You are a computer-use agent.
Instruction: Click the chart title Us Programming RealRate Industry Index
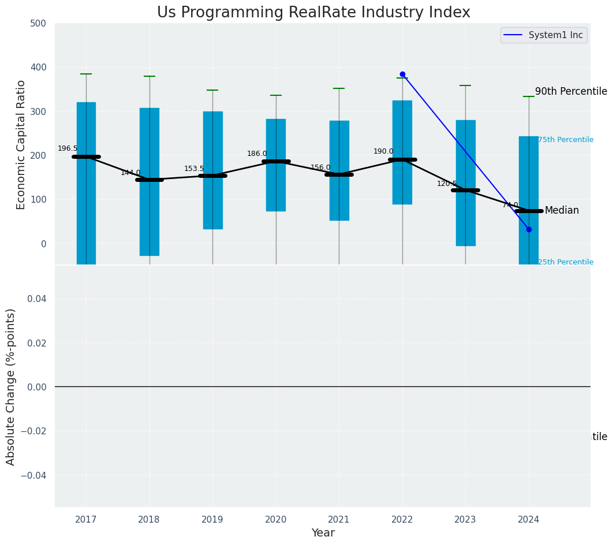point(313,13)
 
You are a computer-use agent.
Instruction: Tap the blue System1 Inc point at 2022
point(402,74)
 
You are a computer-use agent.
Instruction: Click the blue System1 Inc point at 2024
point(529,230)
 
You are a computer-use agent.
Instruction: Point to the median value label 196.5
point(68,148)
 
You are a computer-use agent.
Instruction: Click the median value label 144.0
point(130,173)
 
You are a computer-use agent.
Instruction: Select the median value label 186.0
point(257,154)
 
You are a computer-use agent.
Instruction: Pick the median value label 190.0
point(383,151)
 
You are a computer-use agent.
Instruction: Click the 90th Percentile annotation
point(571,92)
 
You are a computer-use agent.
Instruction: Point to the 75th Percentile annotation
point(566,140)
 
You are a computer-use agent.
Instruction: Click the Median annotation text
point(562,211)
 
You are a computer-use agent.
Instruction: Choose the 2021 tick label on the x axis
point(339,520)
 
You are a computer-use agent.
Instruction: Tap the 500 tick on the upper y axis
point(39,24)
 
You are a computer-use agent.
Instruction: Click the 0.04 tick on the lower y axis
point(36,299)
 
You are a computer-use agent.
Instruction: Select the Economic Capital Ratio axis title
point(21,144)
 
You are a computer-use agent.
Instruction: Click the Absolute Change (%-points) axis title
point(11,386)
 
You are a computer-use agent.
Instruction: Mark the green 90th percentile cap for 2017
point(86,74)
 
